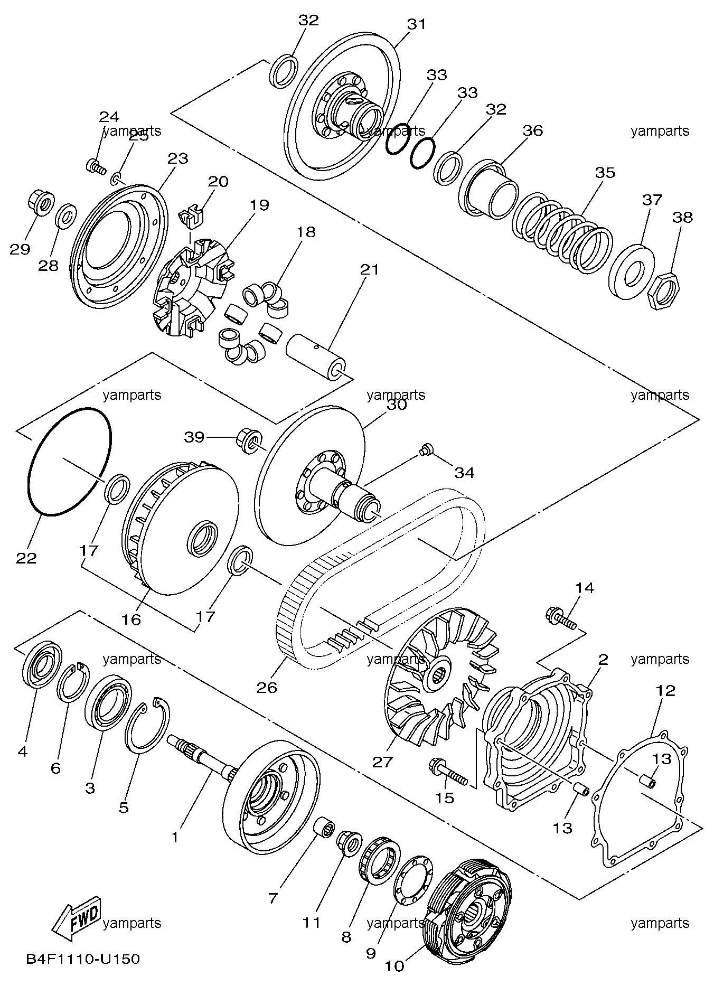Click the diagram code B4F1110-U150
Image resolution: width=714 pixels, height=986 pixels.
[x=83, y=959]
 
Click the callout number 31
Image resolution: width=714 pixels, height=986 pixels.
[x=416, y=24]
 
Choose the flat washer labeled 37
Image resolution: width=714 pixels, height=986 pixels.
[x=632, y=273]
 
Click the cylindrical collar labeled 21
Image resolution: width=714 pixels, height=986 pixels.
[x=316, y=355]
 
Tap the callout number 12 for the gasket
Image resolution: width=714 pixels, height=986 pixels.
[x=665, y=690]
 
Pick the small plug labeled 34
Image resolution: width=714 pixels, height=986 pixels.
[x=426, y=449]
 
